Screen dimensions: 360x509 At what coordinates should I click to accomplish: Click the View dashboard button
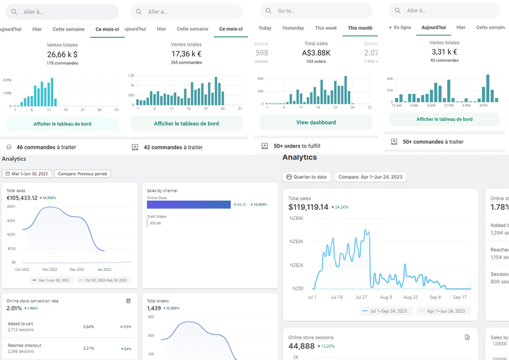[x=316, y=122]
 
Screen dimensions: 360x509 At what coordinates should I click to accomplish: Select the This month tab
[x=359, y=28]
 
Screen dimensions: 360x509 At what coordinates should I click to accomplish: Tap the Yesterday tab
[x=293, y=28]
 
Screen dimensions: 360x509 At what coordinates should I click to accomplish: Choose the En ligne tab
[x=401, y=27]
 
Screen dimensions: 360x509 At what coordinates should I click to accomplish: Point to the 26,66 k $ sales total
[x=62, y=55]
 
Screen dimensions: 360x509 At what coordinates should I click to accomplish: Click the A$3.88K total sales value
[x=316, y=53]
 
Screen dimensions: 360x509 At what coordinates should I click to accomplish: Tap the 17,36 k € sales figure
[x=186, y=55]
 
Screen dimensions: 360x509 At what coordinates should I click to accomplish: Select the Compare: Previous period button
[x=83, y=174]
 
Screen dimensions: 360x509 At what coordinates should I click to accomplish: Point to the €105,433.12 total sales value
[x=22, y=198]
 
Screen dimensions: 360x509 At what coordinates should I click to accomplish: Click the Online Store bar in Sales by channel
[x=189, y=205]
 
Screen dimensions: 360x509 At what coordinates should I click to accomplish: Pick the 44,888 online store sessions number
[x=302, y=346]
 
